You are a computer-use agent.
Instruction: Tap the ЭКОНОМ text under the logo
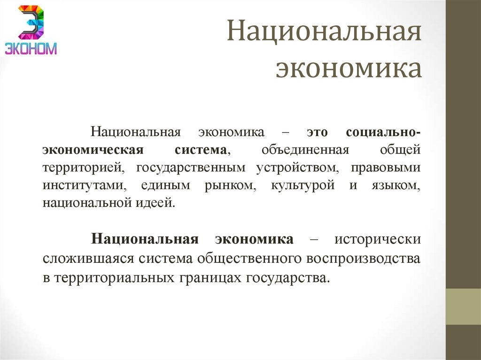click(31, 48)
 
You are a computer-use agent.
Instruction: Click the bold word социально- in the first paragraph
click(383, 132)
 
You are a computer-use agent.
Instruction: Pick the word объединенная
click(305, 150)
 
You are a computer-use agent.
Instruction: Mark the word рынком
click(224, 185)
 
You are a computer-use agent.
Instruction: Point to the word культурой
click(303, 185)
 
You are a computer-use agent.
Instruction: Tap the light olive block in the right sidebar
click(463, 306)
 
